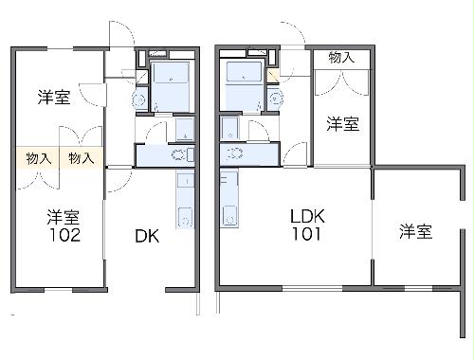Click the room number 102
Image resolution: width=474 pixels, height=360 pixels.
[64, 234]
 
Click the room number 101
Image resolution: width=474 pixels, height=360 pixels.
[308, 232]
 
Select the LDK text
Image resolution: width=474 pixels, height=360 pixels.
[309, 215]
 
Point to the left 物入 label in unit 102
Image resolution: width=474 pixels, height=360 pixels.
[38, 159]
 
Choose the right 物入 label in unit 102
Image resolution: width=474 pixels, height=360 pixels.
[81, 159]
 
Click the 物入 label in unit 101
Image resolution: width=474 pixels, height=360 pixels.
[341, 59]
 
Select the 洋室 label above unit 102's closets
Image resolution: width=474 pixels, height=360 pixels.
[53, 97]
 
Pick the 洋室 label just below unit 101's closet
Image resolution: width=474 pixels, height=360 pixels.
[342, 123]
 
